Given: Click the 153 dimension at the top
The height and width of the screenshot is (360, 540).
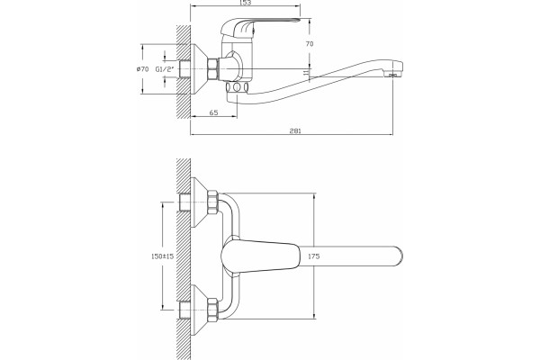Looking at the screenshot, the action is click(245, 3).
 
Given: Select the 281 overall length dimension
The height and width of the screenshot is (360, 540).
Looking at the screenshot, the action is click(295, 130).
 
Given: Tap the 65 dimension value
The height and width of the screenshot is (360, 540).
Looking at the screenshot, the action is click(213, 112).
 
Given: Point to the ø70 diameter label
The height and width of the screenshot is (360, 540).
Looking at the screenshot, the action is click(142, 69).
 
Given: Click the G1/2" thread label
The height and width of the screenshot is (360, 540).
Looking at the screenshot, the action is click(165, 69).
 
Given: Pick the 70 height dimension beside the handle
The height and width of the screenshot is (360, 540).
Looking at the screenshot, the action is click(310, 44).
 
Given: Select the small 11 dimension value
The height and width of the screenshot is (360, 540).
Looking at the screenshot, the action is click(305, 72).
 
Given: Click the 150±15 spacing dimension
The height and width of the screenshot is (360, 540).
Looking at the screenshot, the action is click(163, 256).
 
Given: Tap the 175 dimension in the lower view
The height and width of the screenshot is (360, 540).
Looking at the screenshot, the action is click(314, 256).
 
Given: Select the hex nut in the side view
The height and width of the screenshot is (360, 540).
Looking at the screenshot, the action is click(212, 69).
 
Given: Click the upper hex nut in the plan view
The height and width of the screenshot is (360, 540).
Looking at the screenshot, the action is click(212, 202).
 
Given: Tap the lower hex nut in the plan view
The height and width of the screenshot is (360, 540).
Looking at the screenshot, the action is click(212, 310).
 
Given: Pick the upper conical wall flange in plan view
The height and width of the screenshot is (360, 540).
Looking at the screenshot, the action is click(200, 202).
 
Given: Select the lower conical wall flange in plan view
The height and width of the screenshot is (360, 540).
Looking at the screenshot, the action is click(200, 310).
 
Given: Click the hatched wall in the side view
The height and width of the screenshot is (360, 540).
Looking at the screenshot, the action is click(184, 72).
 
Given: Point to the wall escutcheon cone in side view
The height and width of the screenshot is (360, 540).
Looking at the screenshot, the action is click(200, 69).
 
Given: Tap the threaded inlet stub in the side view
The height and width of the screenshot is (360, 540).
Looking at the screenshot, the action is click(184, 69).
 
